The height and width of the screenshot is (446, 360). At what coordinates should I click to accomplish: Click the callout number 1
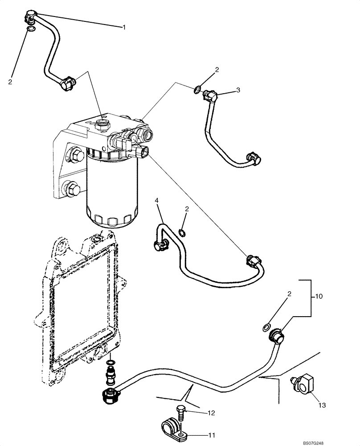click(x=124, y=27)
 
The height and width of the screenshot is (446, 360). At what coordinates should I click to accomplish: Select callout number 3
click(x=238, y=90)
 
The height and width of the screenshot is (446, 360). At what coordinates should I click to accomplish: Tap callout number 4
click(x=157, y=201)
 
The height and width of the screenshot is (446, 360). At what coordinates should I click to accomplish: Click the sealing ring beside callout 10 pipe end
click(x=266, y=327)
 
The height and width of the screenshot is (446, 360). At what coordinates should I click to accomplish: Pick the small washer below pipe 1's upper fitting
click(x=30, y=29)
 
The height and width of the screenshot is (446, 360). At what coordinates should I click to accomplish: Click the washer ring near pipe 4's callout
click(x=182, y=232)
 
